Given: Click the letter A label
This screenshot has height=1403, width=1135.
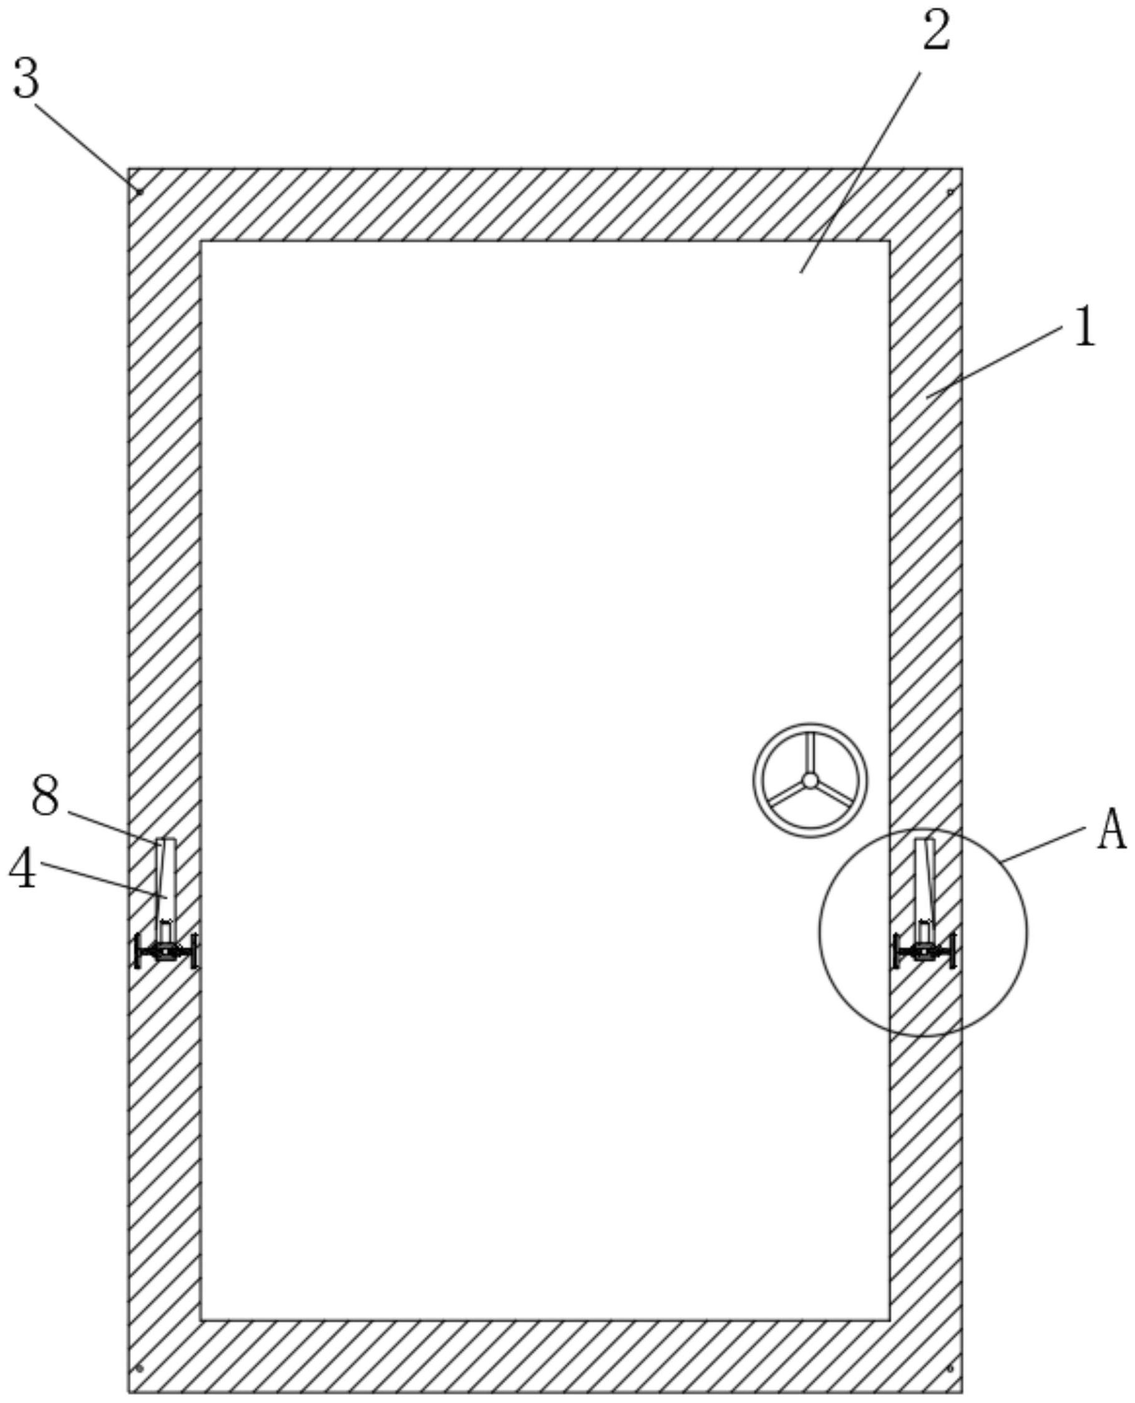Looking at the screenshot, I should [1111, 829].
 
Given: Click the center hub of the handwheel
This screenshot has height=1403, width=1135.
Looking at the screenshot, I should [809, 779].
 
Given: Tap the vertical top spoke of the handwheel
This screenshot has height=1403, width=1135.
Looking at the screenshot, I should [809, 751].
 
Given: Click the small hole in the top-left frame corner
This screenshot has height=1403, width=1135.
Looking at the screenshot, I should [139, 191].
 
